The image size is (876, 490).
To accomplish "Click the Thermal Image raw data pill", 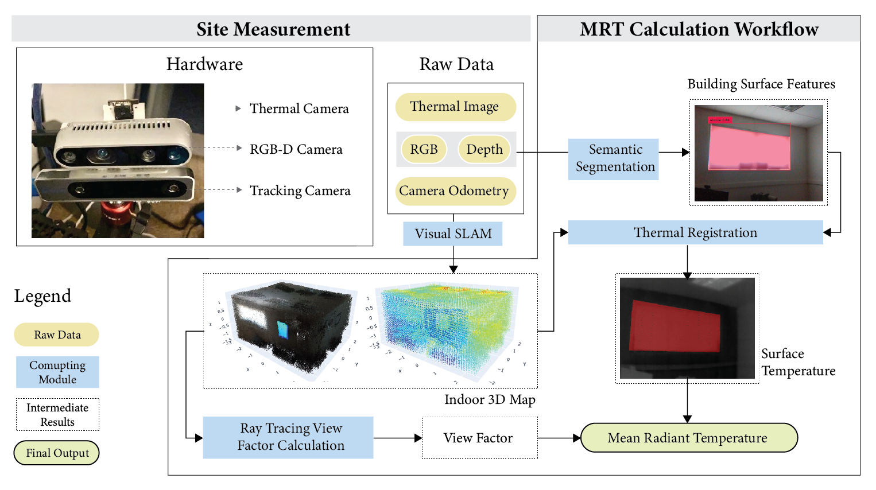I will (455, 107).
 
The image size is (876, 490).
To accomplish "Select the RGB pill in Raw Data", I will (424, 149).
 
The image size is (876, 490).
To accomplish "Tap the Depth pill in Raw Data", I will (484, 149).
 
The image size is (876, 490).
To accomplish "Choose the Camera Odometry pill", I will (454, 191).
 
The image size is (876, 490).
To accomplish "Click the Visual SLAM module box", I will (453, 234).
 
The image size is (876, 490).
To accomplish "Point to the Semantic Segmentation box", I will (614, 158).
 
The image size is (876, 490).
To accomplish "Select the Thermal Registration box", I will (695, 232).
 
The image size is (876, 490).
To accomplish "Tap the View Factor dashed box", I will (479, 438).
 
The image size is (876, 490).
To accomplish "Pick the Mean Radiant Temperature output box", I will (688, 438).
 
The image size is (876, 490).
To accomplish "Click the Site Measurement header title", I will (273, 29).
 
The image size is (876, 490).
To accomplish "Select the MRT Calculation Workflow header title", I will (699, 29).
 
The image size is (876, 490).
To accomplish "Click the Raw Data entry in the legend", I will (57, 335).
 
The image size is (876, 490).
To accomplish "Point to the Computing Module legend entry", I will (57, 372).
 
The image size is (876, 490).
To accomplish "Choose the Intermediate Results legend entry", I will (57, 414).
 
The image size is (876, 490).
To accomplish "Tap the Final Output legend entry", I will (57, 453).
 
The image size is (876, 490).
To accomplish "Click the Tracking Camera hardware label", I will (300, 190).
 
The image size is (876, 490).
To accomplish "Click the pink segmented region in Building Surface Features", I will (749, 147).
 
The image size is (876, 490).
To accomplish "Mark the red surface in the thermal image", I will (674, 326).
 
